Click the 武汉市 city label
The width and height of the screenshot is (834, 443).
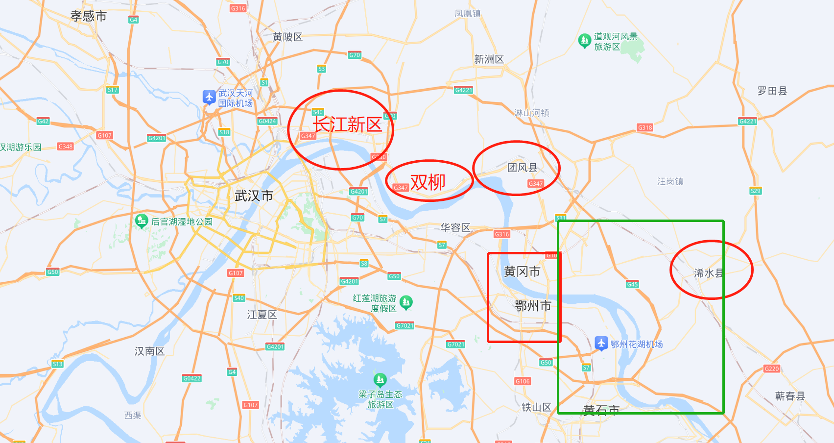pos(254,196)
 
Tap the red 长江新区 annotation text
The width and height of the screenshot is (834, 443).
pos(347,125)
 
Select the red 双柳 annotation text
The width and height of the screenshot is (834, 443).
pos(428,182)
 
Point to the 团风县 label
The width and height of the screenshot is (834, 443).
pos(523,168)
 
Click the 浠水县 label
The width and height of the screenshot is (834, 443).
pos(708,273)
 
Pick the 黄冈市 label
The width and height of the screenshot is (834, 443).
pos(522,271)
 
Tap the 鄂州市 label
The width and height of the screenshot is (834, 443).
pos(533,306)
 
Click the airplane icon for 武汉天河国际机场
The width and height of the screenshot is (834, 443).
pos(209,97)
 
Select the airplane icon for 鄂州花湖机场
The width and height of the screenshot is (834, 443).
pos(601,343)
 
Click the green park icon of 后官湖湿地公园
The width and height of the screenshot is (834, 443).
pos(142,221)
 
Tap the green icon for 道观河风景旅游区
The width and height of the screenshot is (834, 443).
pos(584,40)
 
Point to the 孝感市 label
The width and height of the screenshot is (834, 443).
pos(89,16)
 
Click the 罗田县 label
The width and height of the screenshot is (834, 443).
pos(772,91)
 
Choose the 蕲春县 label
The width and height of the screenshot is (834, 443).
pos(790,396)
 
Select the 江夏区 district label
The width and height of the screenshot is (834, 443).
pos(262,315)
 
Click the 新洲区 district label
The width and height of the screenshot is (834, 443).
pos(489,59)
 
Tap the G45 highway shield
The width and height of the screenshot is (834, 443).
pos(632,284)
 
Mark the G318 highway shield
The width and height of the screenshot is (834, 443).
pos(645,127)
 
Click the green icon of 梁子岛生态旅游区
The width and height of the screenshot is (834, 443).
pos(380,379)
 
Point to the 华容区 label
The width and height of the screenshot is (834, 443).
pos(455,227)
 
